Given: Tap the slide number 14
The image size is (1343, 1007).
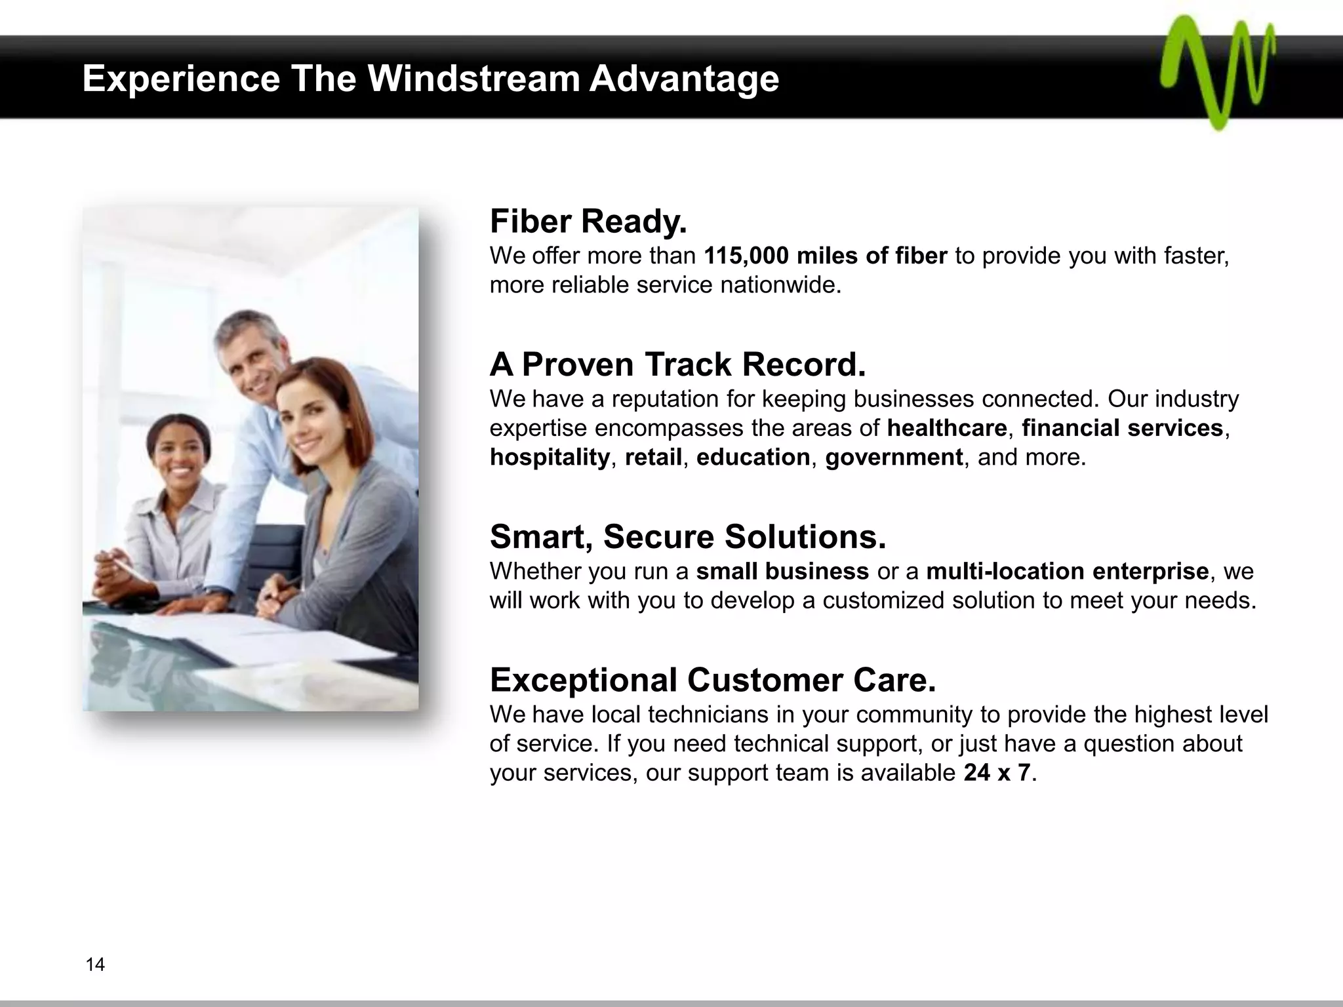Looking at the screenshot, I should click(95, 964).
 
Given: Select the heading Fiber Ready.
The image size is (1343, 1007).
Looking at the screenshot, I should click(588, 222).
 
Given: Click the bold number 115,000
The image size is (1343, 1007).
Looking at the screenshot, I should click(746, 256).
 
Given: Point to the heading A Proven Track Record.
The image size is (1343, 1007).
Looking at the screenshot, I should click(677, 365).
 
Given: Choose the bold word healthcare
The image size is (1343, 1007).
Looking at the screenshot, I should click(947, 428).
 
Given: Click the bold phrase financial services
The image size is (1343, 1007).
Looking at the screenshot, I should click(1122, 428).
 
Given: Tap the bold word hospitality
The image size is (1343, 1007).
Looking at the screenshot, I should click(550, 457).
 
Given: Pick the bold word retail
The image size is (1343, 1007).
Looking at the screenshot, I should click(653, 457).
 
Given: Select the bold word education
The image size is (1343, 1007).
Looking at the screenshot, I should click(753, 457).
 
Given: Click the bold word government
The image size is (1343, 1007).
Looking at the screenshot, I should click(894, 457).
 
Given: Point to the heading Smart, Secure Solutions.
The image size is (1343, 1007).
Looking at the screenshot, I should click(688, 537).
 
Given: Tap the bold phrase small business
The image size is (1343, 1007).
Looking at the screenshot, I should click(782, 572).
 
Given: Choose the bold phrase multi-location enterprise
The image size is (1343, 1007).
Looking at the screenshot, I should click(1067, 572).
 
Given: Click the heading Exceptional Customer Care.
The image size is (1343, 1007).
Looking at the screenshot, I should click(713, 681).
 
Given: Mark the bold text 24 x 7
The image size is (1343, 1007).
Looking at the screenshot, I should click(997, 773).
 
